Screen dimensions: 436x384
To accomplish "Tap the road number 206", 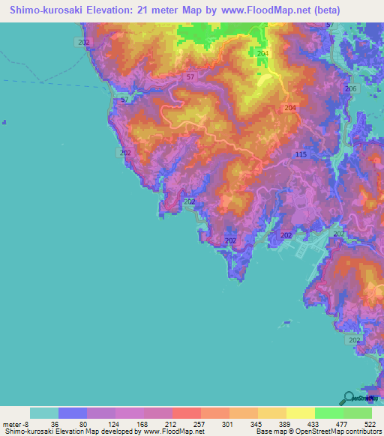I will (350, 89).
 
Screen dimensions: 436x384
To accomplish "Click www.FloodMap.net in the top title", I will (250, 10).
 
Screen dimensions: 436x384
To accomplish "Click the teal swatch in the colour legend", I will (43, 412).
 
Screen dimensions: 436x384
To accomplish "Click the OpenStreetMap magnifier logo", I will (348, 398).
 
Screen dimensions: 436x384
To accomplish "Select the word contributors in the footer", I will (362, 431).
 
